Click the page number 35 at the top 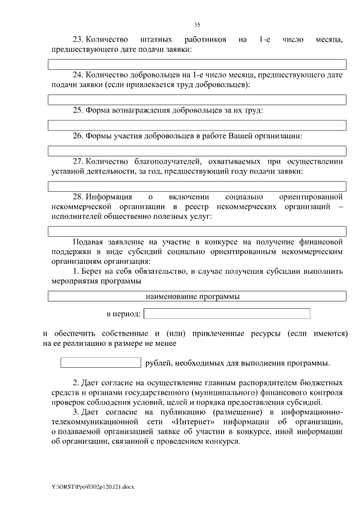click(x=197, y=24)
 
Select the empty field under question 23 click(x=197, y=64)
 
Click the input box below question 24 click(x=197, y=100)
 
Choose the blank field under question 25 click(x=197, y=125)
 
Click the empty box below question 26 click(x=197, y=151)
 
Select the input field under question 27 click(x=197, y=186)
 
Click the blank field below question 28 click(x=197, y=231)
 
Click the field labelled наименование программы click(x=197, y=296)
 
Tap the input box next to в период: click(x=227, y=313)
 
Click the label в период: click(x=123, y=314)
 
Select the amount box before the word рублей click(x=100, y=362)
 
